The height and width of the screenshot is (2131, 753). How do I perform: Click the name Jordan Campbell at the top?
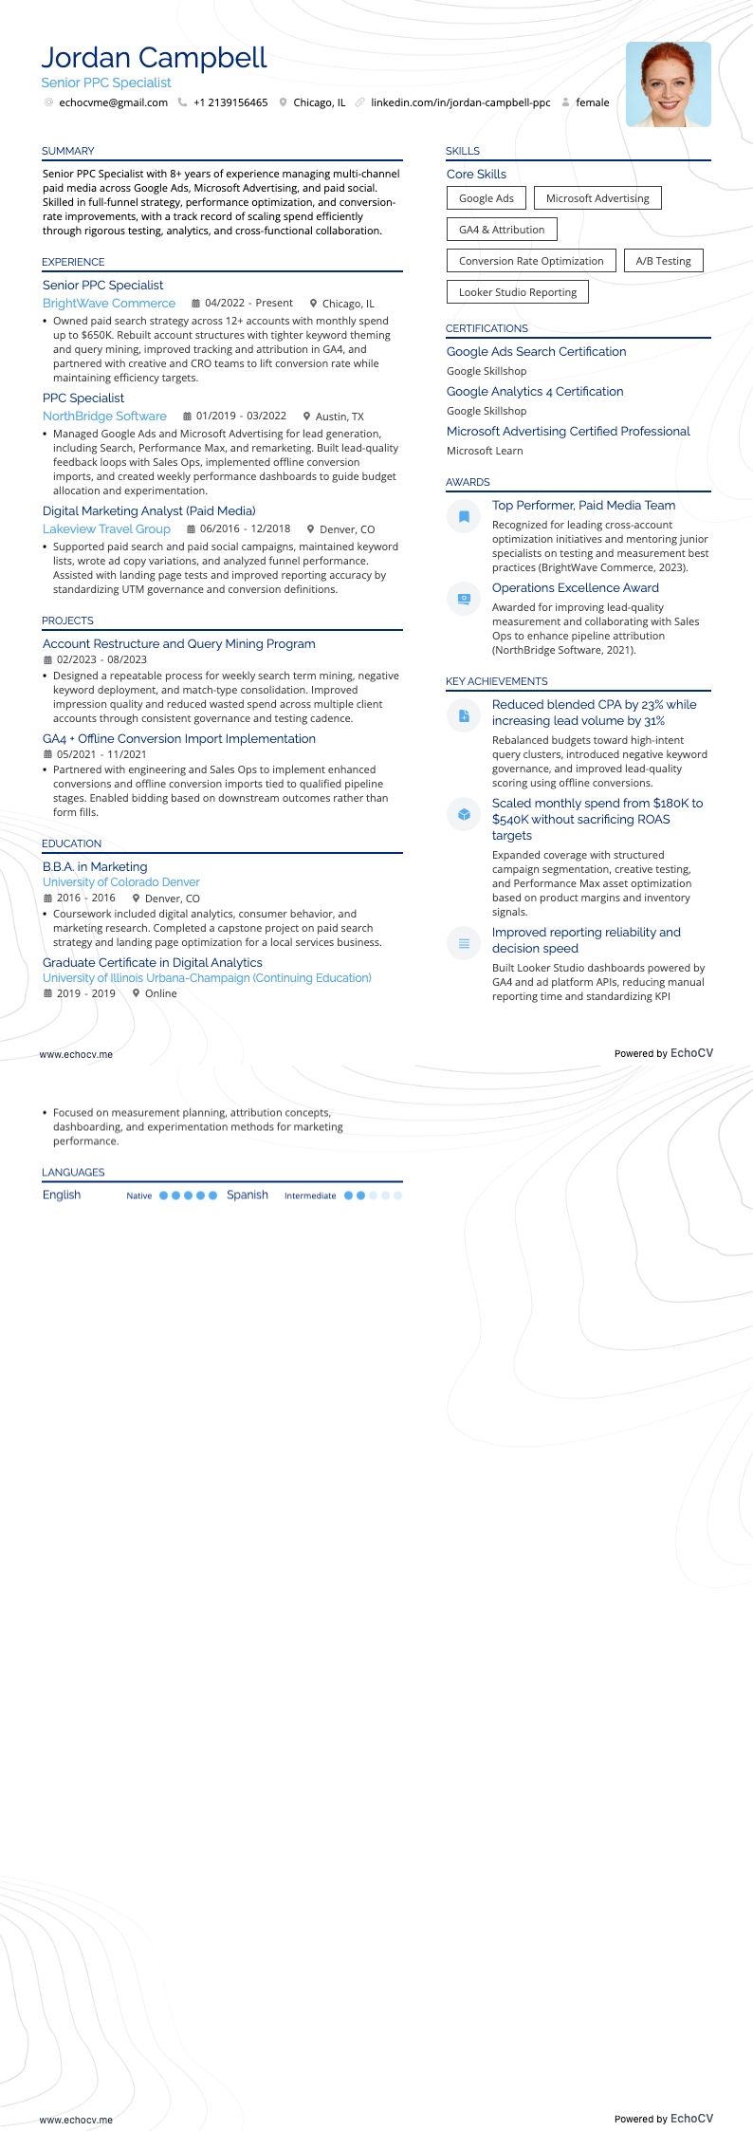coord(154,59)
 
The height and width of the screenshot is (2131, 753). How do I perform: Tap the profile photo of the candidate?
coord(668,84)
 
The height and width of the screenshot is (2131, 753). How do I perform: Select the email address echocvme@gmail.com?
coord(113,102)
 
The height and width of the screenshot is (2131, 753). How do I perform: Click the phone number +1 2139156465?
coord(230,102)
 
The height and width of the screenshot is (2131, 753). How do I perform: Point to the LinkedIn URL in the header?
coord(460,102)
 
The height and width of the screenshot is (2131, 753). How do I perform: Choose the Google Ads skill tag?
coord(486,198)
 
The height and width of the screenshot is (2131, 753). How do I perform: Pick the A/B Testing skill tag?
coord(663,261)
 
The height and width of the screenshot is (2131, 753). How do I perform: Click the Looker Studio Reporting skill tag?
coord(517,292)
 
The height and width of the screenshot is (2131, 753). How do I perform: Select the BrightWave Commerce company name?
coord(109,304)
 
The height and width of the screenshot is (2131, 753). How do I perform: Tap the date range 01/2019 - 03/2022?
coord(241,417)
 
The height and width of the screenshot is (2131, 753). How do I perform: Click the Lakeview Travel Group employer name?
coord(106,529)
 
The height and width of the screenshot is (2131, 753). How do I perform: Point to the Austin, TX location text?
coord(340,417)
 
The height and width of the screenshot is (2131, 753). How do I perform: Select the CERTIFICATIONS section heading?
coord(487,328)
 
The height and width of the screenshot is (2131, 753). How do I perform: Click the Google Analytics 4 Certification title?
coord(535,392)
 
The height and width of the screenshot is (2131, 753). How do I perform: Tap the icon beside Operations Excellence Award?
coord(464,599)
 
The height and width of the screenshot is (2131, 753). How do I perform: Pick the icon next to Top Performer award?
coord(464,516)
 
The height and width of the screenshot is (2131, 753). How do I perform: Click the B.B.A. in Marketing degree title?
coord(95,867)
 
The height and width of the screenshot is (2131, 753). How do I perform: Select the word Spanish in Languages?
coord(248,1195)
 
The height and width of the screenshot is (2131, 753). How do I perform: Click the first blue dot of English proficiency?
coord(163,1195)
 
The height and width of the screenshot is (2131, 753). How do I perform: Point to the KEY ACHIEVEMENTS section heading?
coord(496,681)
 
